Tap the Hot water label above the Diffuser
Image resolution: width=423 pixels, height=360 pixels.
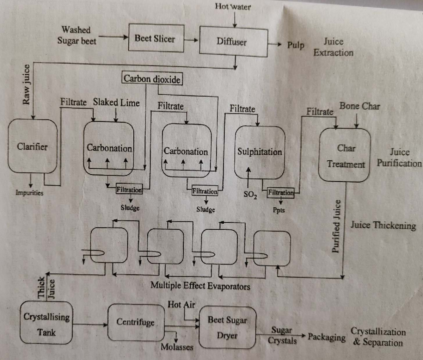[x=233, y=6]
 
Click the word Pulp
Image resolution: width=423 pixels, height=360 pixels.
[x=295, y=45]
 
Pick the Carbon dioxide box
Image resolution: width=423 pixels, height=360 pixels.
[x=152, y=79]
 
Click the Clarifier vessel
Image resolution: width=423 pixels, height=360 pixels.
[x=32, y=146]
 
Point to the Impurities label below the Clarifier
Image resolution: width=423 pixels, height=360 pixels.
[x=29, y=193]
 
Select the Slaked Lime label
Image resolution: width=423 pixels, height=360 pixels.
[x=116, y=103]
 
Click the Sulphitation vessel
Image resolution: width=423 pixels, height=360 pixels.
[x=259, y=152]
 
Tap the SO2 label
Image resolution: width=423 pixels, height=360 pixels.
[x=250, y=194]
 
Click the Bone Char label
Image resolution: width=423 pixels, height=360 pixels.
[x=359, y=106]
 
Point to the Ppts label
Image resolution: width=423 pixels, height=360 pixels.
[x=278, y=210]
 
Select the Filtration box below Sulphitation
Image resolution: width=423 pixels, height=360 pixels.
[x=281, y=193]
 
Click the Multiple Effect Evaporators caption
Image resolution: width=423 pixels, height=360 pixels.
[x=200, y=286]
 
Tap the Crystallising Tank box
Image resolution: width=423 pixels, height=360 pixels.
[x=46, y=323]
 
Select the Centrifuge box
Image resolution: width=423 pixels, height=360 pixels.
[x=136, y=322]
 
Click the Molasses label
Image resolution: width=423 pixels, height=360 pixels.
[x=177, y=347]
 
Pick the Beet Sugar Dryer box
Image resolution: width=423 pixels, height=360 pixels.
[x=227, y=327]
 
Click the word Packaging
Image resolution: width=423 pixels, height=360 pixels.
[x=326, y=337]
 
